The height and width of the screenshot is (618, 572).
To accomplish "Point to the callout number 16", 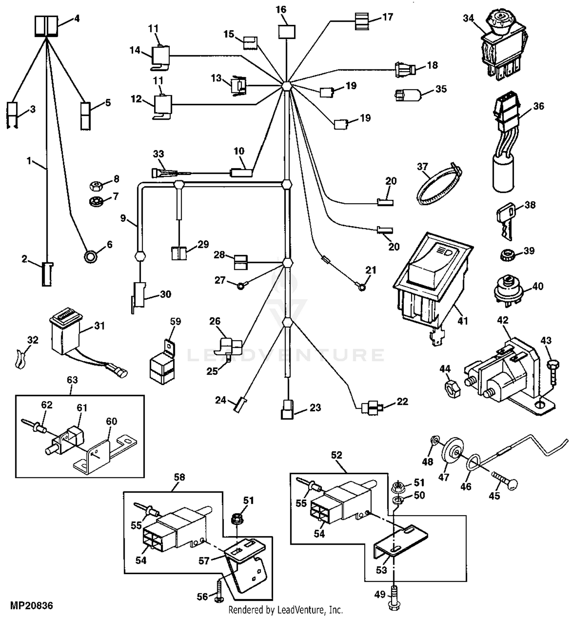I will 281,10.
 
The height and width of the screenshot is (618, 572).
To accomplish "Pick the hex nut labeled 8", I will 95,186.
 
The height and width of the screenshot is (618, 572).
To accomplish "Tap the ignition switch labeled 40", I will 507,292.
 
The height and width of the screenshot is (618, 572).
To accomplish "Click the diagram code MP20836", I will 31,605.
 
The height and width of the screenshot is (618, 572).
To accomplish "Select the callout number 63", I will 72,380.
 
